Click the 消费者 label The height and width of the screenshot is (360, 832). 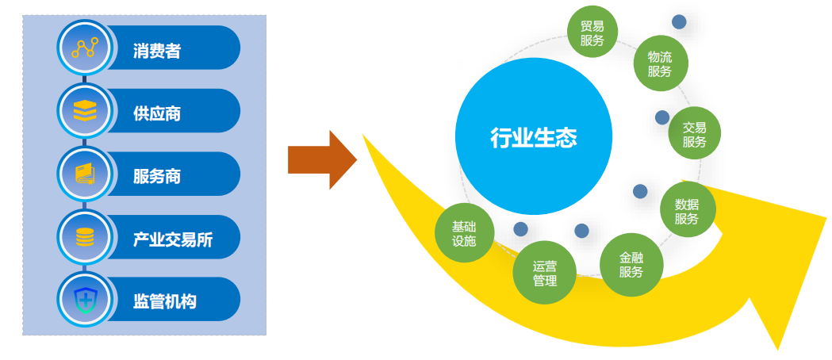point(157,52)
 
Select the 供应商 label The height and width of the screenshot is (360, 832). point(157,113)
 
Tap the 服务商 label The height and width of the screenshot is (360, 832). point(157,176)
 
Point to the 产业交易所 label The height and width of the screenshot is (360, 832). point(173,239)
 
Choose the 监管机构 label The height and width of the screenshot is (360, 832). point(165,301)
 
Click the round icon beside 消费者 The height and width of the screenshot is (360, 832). point(84,49)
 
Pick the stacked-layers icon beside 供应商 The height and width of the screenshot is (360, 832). point(84,111)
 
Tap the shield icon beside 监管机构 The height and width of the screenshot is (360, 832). point(84,300)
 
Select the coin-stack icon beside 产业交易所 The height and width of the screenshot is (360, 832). point(84,237)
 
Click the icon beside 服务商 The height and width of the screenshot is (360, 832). point(84,174)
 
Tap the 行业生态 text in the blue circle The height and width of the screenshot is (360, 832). point(534,138)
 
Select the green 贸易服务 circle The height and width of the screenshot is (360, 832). point(592,33)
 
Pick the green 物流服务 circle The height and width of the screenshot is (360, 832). point(660,63)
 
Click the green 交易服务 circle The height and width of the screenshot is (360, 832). point(695,134)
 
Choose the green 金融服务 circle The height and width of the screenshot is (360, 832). point(631,264)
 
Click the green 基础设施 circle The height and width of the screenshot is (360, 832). point(464,233)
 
